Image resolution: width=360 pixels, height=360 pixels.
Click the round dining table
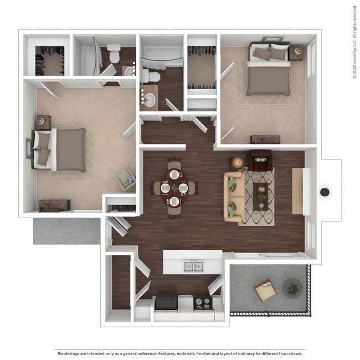click(174, 188)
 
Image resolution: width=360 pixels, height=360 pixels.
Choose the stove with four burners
click(202, 302)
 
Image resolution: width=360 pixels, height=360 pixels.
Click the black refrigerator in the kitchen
click(166, 302)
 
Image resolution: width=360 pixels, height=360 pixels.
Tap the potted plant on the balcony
click(292, 288)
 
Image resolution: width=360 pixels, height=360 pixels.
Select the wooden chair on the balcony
click(265, 289)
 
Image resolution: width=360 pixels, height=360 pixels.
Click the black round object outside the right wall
click(325, 192)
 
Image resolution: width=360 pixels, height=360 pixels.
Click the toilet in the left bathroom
click(114, 53)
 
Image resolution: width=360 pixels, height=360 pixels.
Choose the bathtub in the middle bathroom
click(161, 55)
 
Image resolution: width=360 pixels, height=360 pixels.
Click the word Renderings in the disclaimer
click(69, 353)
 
